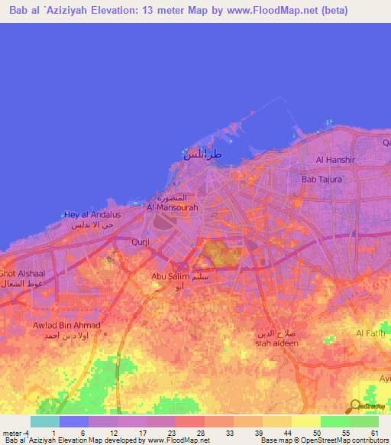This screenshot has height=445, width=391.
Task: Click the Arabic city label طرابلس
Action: (202, 154)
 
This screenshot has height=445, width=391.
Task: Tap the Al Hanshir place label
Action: (333, 160)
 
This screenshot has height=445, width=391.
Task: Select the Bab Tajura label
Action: (323, 179)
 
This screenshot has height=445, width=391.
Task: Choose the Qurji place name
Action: (141, 242)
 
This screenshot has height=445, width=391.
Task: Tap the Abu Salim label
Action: (170, 276)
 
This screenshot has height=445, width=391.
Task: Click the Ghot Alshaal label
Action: (22, 273)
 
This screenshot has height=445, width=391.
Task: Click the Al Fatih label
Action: (372, 333)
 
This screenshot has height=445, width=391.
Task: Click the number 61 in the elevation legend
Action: (373, 433)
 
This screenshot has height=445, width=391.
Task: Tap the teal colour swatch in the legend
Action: (45, 421)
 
